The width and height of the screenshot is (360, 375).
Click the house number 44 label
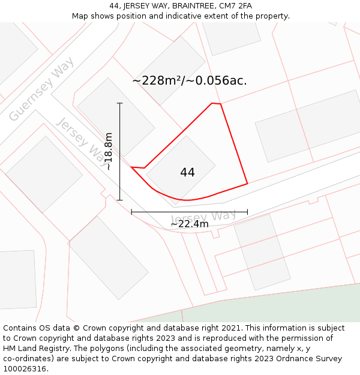(187, 173)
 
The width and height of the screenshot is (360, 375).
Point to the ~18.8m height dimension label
(109, 152)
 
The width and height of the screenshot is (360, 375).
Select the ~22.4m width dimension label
(189, 224)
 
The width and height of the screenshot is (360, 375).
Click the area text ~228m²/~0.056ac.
(189, 80)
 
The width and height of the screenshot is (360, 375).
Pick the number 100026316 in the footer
(25, 369)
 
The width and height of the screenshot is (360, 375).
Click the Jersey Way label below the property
(203, 217)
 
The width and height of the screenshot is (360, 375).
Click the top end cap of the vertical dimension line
(120, 103)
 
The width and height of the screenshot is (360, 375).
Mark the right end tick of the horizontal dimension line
(247, 212)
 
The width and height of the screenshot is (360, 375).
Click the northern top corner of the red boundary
(212, 103)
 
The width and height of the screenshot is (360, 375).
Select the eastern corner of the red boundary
(247, 184)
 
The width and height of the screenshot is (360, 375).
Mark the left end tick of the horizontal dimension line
(131, 212)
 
